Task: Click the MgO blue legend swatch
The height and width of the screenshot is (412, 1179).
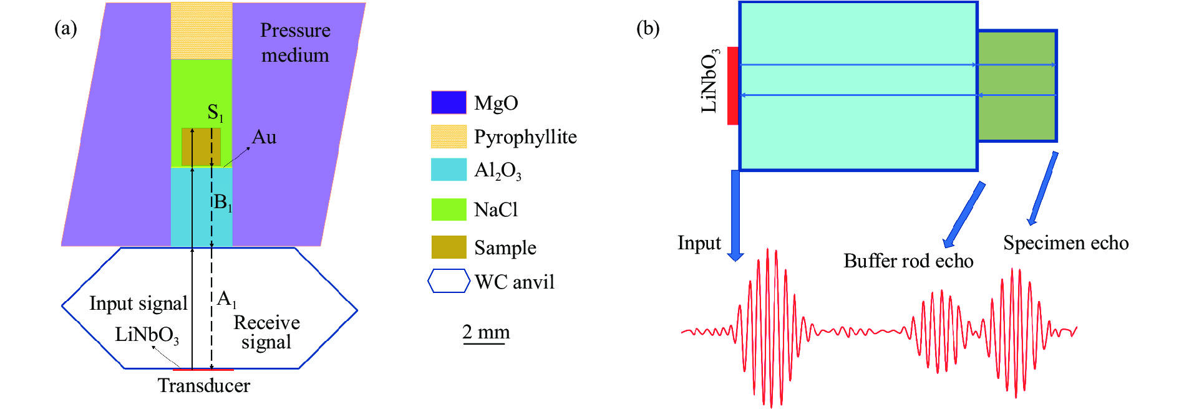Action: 449,102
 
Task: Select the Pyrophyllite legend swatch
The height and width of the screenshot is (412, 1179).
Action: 449,137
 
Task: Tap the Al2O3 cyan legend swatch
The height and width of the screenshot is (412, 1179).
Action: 449,170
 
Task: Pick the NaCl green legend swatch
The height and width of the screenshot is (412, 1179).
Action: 449,209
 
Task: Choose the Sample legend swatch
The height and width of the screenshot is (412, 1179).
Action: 449,247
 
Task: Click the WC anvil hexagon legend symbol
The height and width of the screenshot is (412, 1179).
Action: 449,281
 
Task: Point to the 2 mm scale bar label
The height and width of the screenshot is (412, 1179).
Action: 486,332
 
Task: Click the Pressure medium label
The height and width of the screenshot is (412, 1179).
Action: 295,42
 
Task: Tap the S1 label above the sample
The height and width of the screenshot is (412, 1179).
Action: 215,113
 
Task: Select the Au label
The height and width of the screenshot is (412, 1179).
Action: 264,137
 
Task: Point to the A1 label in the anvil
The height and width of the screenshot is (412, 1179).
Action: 226,299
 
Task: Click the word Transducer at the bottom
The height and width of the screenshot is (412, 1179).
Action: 203,386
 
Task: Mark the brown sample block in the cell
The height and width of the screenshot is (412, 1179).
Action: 201,147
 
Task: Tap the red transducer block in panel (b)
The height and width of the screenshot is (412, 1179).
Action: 733,86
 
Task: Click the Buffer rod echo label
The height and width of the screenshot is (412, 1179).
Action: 908,261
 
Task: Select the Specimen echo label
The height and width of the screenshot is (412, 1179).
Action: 1065,243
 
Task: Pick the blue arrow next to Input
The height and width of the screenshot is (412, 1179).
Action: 735,215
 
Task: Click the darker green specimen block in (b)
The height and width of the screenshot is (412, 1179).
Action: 1017,86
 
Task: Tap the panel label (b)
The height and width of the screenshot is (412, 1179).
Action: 648,29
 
